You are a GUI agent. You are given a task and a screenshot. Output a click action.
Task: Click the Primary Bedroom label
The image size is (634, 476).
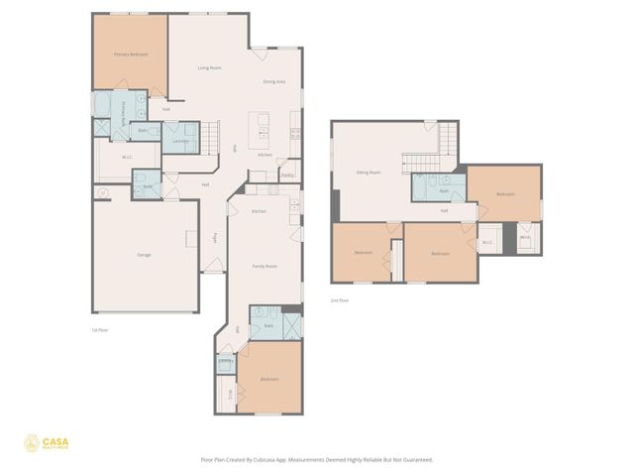(131, 55)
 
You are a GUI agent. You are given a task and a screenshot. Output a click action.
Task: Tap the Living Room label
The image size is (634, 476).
(209, 67)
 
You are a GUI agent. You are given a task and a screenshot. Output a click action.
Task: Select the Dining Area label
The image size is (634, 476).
(274, 80)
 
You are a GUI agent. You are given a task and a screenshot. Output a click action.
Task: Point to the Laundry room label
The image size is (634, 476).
(180, 141)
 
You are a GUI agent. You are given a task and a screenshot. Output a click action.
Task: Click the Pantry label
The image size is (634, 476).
(287, 175)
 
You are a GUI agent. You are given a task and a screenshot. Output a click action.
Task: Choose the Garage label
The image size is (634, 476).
(144, 255)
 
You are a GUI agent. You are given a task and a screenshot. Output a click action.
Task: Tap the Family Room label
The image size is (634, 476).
(264, 266)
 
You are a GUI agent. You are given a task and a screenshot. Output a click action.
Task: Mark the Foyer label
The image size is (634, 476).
(215, 238)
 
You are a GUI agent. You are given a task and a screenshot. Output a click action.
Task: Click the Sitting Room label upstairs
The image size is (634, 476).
(369, 172)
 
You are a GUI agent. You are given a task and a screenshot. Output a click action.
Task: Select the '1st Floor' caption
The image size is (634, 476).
(99, 329)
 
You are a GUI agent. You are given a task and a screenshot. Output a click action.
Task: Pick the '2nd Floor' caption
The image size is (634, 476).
(340, 299)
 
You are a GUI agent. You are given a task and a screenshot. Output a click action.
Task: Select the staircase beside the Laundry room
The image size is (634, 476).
(209, 136)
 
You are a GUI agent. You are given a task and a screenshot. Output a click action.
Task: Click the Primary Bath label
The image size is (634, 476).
(123, 109)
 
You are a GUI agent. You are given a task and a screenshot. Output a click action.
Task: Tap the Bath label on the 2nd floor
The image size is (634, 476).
(445, 190)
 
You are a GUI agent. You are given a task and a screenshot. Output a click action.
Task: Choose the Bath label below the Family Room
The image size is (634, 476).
(268, 325)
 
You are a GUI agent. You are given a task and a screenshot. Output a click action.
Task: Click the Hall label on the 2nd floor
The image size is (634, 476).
(445, 210)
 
